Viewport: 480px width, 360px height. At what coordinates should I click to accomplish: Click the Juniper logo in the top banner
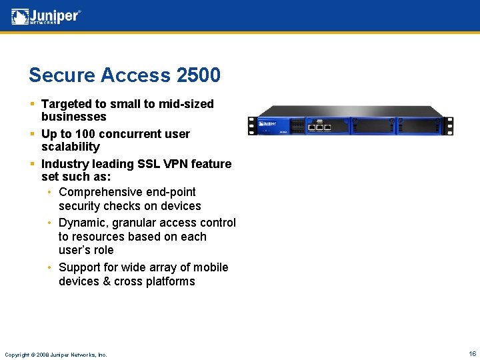[46, 17]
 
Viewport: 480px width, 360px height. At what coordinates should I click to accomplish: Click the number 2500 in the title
[198, 75]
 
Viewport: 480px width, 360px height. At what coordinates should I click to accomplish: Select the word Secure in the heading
[62, 75]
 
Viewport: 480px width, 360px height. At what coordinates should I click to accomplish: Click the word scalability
[70, 147]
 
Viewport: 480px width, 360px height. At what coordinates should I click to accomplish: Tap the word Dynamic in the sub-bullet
[81, 223]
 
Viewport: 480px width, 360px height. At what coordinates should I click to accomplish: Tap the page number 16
[472, 354]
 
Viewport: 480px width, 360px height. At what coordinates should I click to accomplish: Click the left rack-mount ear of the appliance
[252, 125]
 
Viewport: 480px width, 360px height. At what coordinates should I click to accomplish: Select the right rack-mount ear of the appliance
[451, 125]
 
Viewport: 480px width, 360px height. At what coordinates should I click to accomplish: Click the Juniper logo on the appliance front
[268, 123]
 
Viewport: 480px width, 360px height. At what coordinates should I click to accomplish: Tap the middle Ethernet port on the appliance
[320, 125]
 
